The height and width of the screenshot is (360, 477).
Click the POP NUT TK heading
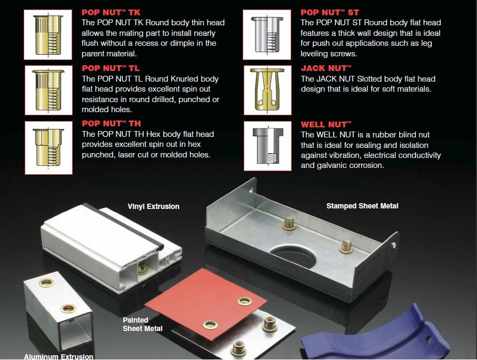click(x=111, y=13)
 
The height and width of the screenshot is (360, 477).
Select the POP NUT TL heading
click(x=111, y=68)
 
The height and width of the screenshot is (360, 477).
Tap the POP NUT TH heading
click(x=111, y=124)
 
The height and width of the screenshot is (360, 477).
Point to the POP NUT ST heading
click(x=330, y=13)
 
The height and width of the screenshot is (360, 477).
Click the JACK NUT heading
click(x=326, y=68)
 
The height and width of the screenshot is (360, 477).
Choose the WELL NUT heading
click(x=326, y=124)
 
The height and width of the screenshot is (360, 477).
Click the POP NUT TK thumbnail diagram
click(x=48, y=35)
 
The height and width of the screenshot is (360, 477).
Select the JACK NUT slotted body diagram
click(x=267, y=90)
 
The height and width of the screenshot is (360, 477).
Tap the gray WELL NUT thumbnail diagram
click(x=267, y=146)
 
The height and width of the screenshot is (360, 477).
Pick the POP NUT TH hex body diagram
click(x=48, y=148)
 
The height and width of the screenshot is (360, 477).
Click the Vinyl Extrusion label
click(x=153, y=206)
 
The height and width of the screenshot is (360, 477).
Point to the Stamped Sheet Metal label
click(x=362, y=206)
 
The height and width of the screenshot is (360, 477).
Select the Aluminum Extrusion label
click(x=59, y=356)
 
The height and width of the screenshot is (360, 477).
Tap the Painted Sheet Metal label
click(x=142, y=324)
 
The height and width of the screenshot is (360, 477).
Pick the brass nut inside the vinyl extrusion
click(x=142, y=268)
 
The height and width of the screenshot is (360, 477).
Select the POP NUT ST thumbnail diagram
click(x=267, y=35)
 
